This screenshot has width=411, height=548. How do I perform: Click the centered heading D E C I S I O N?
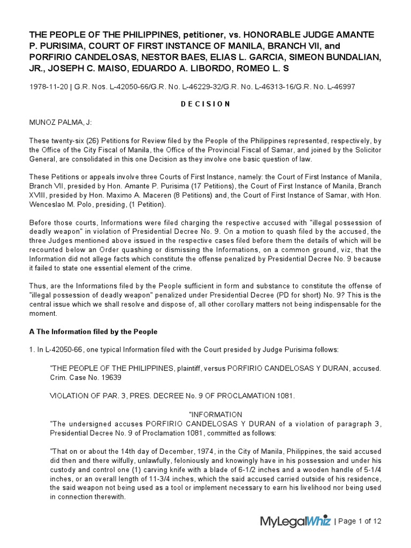click(x=205, y=104)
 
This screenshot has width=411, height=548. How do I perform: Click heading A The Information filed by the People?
click(x=93, y=332)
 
